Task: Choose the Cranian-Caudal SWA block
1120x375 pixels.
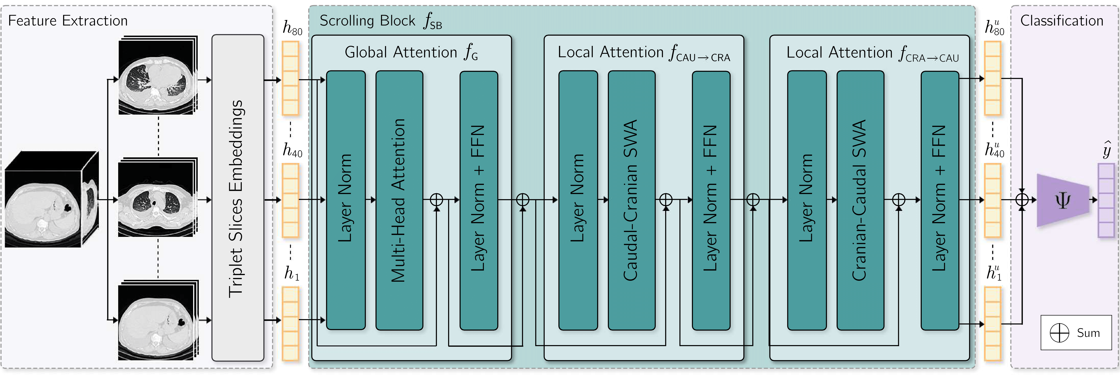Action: pyautogui.click(x=860, y=200)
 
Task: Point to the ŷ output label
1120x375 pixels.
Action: pyautogui.click(x=1107, y=150)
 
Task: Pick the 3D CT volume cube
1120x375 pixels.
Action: pyautogui.click(x=51, y=200)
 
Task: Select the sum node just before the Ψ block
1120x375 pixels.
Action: pyautogui.click(x=1022, y=200)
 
